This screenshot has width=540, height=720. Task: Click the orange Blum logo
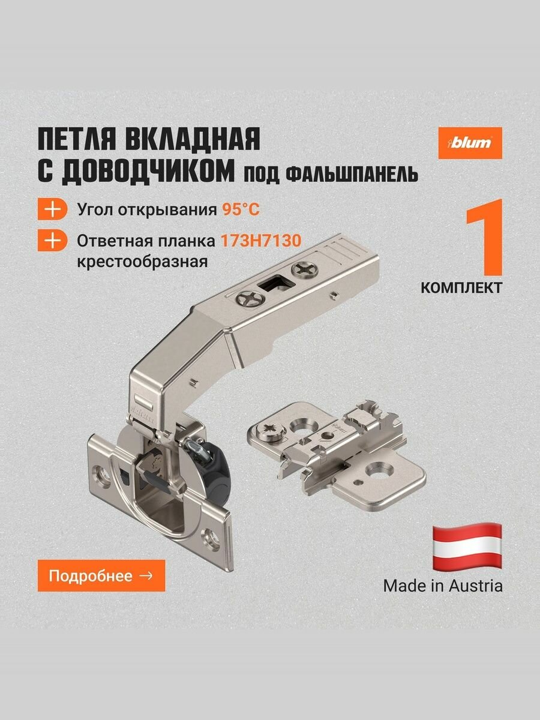tap(470, 143)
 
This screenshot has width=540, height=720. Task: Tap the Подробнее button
tap(101, 575)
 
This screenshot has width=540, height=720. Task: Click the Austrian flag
tap(467, 547)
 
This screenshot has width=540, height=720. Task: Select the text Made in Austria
tap(443, 586)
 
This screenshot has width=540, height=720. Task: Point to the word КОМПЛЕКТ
tap(461, 287)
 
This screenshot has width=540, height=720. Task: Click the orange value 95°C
tap(240, 210)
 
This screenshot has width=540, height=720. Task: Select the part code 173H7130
tap(260, 241)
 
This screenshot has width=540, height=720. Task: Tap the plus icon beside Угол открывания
tap(53, 210)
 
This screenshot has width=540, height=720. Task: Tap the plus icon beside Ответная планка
tap(53, 241)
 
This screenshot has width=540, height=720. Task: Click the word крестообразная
tap(143, 262)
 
